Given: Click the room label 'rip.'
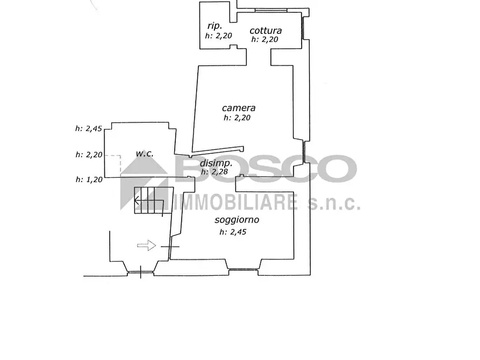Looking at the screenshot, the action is click(x=214, y=26).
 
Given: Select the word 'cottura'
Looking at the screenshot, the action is click(x=266, y=30).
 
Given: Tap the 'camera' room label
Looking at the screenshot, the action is click(x=239, y=108).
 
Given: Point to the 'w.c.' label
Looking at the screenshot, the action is click(x=145, y=153).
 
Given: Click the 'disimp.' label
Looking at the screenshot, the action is click(x=216, y=163).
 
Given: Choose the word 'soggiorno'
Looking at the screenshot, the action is click(x=237, y=220).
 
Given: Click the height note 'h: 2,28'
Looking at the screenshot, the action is click(x=214, y=171).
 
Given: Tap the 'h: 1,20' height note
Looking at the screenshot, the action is click(x=89, y=179).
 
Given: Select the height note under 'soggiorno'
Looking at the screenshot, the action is click(x=233, y=232).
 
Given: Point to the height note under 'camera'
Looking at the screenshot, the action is click(x=237, y=118).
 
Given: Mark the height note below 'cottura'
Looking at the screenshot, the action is click(x=265, y=39).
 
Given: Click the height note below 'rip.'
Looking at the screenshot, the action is click(x=218, y=35).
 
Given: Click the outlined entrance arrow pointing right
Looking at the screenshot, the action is click(x=146, y=245).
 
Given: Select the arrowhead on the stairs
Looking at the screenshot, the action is click(x=137, y=201).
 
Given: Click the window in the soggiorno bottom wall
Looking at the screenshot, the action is click(x=243, y=269).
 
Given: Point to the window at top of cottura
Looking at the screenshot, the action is click(x=271, y=11).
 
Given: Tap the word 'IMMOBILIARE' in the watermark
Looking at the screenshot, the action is click(x=236, y=202).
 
